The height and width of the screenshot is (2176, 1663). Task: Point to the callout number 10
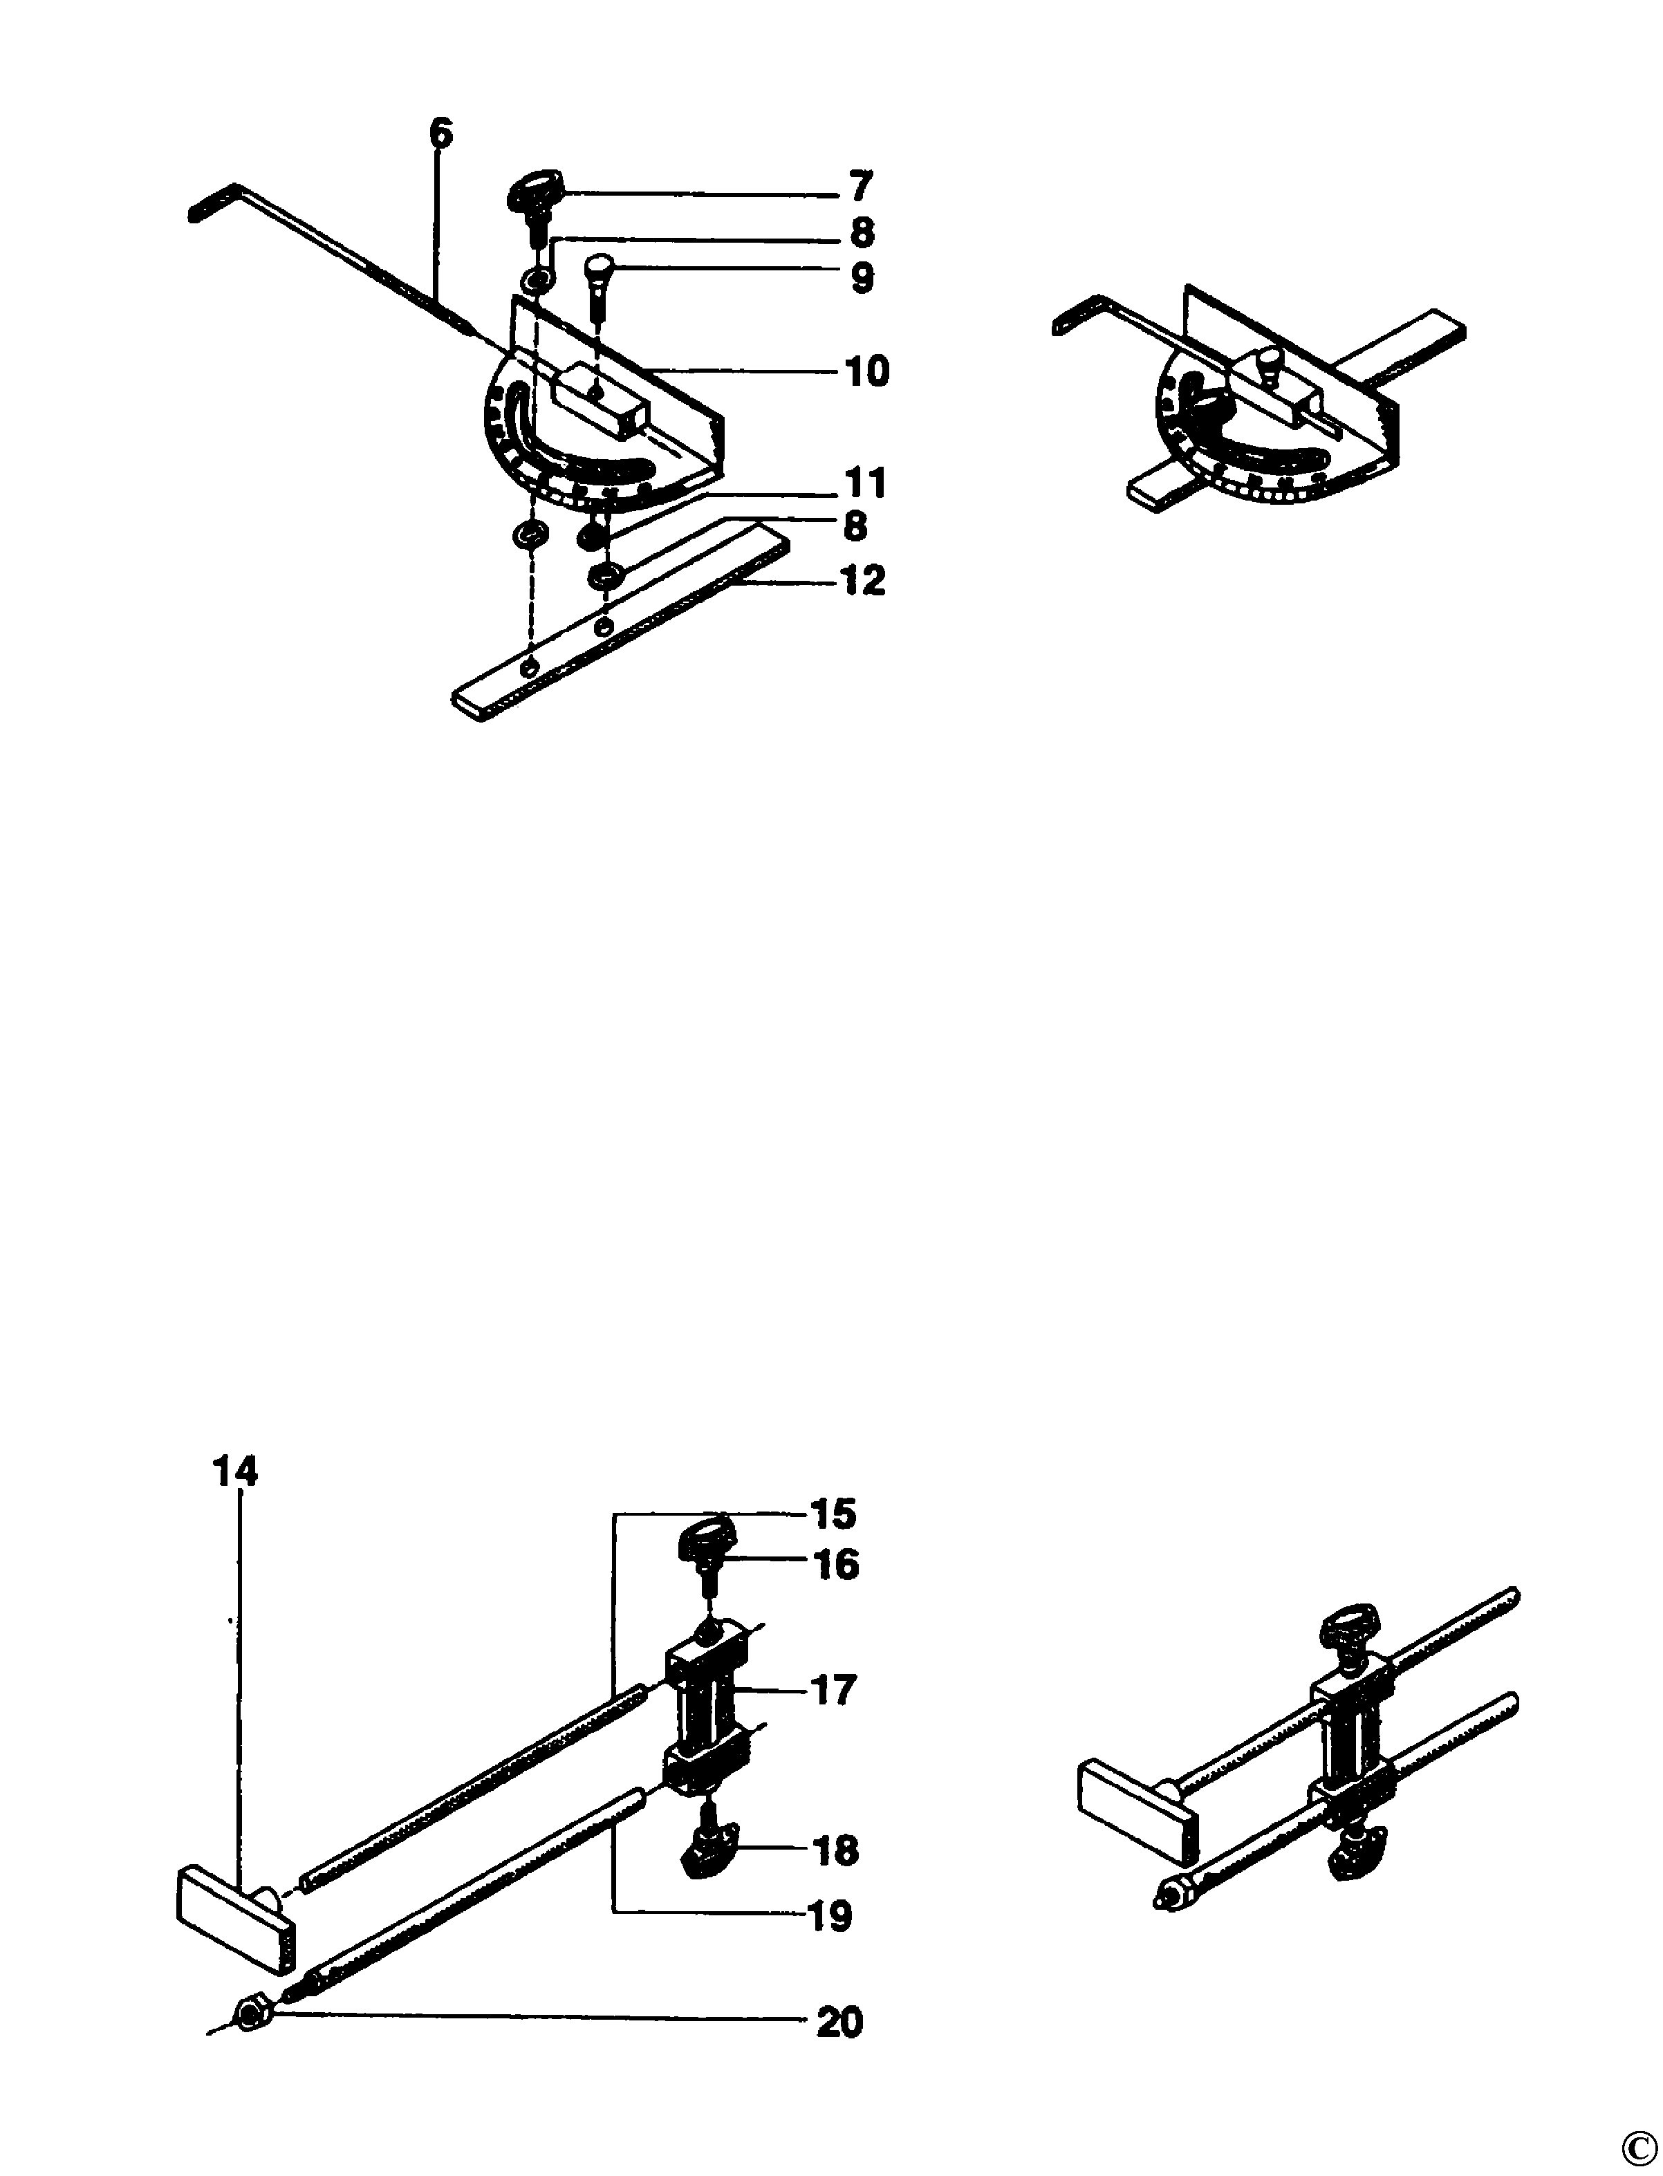tap(866, 371)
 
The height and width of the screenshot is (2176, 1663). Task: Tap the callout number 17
tap(833, 1690)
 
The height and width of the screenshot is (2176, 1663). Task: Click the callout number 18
tap(837, 1850)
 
